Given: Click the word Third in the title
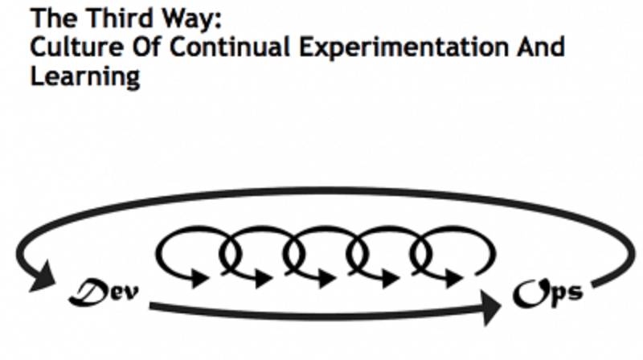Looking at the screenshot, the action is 119,18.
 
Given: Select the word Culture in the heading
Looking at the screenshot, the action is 76,47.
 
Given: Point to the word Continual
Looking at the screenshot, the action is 230,47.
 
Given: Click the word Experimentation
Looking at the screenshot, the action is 403,48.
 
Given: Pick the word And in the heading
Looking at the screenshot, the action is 541,47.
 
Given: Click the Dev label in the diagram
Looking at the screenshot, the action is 104,292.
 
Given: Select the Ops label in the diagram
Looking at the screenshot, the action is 548,292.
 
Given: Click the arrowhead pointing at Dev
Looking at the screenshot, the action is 43,277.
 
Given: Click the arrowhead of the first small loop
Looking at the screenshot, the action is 200,279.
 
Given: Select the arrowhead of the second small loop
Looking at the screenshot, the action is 264,279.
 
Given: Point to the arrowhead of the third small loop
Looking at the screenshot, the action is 327,279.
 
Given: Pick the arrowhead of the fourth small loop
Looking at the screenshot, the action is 391,279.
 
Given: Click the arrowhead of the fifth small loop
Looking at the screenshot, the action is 454,279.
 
